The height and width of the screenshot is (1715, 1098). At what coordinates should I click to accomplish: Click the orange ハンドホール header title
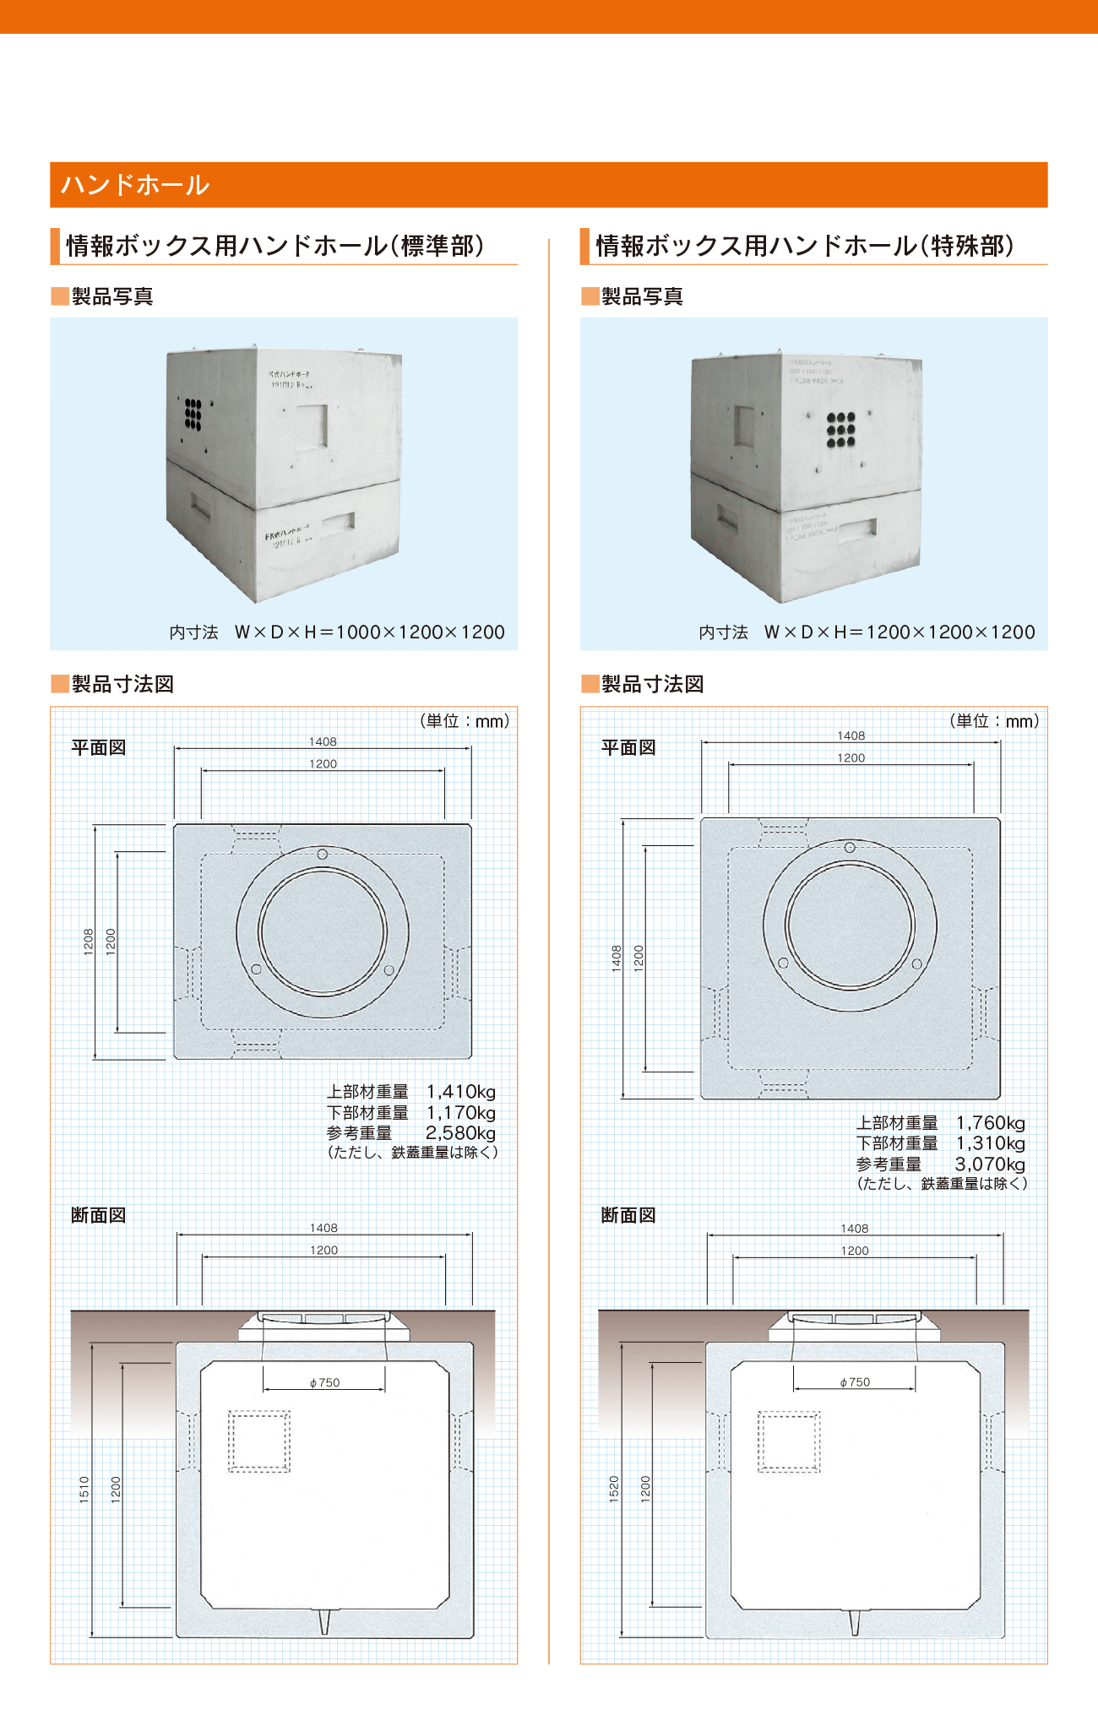[x=135, y=185]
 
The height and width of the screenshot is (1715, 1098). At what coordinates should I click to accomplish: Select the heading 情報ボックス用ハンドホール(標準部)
[x=275, y=246]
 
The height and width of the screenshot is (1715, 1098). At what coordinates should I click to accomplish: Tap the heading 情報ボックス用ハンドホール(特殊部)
[x=804, y=246]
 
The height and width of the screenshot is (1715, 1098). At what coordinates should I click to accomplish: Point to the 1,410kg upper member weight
[x=460, y=1092]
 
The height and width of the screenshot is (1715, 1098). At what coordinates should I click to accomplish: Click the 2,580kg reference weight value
[x=460, y=1133]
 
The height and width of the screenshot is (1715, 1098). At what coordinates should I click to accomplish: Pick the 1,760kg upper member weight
[x=990, y=1123]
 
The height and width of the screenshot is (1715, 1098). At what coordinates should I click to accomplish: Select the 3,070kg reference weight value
[x=990, y=1164]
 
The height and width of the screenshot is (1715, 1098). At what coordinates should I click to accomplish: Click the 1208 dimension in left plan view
[x=89, y=942]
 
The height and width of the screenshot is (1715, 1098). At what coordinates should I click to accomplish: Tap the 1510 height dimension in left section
[x=84, y=1489]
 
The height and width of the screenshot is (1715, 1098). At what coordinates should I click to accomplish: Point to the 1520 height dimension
[x=614, y=1489]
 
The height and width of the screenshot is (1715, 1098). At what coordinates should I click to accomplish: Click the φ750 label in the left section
[x=324, y=1382]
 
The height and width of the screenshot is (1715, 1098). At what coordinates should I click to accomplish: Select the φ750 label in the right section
[x=855, y=1382]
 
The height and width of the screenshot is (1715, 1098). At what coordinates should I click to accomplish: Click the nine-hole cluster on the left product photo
[x=193, y=415]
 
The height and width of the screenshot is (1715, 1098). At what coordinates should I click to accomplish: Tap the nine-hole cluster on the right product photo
[x=840, y=430]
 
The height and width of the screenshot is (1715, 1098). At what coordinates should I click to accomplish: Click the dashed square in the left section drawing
[x=259, y=1441]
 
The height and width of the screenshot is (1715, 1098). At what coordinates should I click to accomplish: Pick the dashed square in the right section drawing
[x=789, y=1441]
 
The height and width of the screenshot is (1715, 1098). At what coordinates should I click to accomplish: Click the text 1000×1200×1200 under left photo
[x=420, y=632]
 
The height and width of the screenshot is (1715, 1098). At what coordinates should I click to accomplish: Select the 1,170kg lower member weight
[x=460, y=1113]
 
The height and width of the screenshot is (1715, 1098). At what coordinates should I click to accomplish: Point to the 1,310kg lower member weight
[x=990, y=1143]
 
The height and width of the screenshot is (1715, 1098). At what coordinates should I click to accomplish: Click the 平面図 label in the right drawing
[x=628, y=747]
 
